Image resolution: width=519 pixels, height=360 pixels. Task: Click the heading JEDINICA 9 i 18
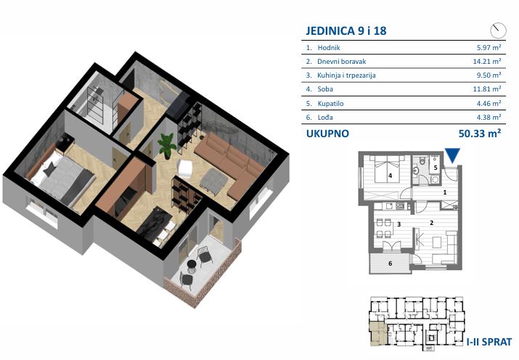tap(346, 30)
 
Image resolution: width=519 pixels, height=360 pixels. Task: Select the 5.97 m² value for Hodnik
tap(489, 47)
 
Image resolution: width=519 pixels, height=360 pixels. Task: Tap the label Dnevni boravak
tap(342, 62)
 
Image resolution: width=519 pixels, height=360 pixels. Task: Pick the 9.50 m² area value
tap(489, 75)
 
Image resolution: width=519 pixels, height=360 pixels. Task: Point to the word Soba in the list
tap(325, 89)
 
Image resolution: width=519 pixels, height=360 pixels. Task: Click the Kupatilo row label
tap(330, 104)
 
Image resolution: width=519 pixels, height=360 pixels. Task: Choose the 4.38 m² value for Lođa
tap(489, 117)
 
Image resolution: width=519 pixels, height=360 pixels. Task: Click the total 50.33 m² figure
tap(480, 134)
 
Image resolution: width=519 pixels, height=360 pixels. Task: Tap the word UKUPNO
tap(327, 134)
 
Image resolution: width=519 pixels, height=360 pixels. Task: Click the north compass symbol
tap(498, 30)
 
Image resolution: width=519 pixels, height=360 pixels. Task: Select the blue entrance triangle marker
tap(452, 155)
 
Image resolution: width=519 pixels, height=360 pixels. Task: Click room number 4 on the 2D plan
tap(391, 176)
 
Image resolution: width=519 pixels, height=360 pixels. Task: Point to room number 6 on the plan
tap(391, 263)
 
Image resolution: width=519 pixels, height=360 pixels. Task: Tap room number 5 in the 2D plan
tap(436, 168)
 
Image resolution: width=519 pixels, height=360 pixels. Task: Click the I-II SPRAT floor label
tap(489, 341)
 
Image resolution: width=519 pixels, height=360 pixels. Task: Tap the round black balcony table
tap(192, 264)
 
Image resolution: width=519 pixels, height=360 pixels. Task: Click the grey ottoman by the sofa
tap(214, 179)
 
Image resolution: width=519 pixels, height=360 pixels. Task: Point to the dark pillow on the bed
tap(49, 170)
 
